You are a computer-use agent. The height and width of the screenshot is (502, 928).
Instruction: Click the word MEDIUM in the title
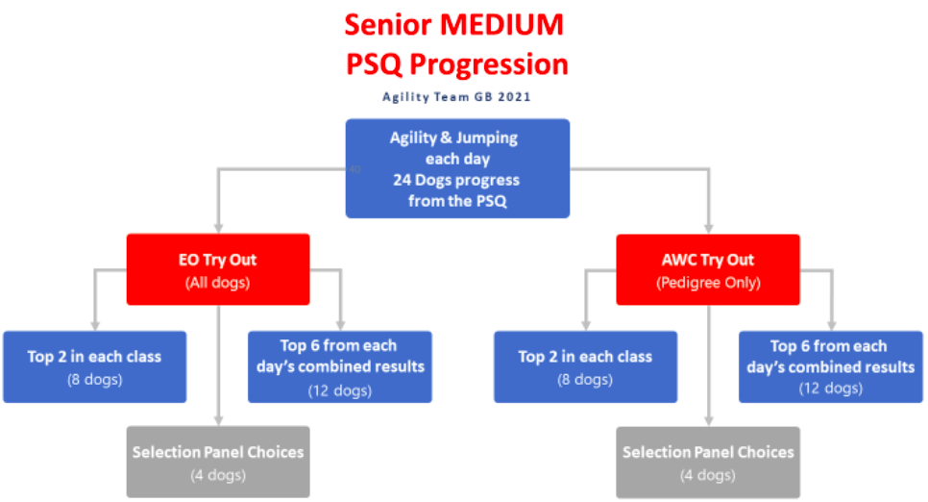tap(501, 25)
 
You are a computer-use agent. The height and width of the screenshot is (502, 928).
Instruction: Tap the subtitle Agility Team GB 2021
tap(456, 96)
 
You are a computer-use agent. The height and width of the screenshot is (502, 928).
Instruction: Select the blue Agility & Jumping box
tap(457, 169)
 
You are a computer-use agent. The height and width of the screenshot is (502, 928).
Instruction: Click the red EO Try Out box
tap(218, 269)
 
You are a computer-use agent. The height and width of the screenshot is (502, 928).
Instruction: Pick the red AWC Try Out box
tap(708, 269)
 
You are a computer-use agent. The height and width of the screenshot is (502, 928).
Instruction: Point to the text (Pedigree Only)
tap(708, 283)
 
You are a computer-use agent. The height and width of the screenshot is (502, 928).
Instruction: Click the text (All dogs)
tap(218, 283)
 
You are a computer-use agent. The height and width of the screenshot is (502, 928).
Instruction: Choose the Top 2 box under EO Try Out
tap(95, 366)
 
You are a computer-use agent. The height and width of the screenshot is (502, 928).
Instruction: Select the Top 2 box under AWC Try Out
tap(585, 366)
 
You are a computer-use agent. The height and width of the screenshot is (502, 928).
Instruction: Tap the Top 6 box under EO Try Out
tap(340, 366)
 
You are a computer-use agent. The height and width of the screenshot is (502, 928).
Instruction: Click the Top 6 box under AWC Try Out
tap(830, 366)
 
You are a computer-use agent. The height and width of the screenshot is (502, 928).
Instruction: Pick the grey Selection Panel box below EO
tap(218, 462)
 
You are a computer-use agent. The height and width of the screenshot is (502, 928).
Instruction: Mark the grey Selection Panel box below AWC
tap(708, 463)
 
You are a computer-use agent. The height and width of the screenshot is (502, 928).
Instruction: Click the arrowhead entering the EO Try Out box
tap(218, 229)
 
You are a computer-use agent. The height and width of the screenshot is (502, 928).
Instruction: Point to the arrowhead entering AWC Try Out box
tap(708, 229)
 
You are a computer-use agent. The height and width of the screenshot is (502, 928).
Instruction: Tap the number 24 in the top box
tap(402, 180)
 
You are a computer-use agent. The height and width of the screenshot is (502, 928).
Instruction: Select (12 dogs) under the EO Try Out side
tap(340, 390)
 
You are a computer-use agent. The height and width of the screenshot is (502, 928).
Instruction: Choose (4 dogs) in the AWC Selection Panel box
tap(708, 475)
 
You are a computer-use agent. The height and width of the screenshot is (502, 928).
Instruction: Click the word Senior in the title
tap(388, 25)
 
